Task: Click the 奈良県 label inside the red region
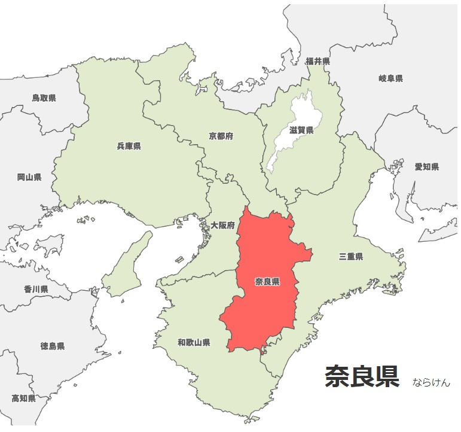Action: [x=267, y=282]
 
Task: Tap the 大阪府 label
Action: [x=222, y=225]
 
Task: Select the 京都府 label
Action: [x=221, y=136]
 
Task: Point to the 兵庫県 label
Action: [x=129, y=146]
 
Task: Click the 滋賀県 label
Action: [x=301, y=130]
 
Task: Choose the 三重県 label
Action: [x=351, y=257]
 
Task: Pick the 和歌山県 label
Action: [x=194, y=343]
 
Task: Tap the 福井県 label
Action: [x=317, y=62]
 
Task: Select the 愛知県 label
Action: [x=427, y=167]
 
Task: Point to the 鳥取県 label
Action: [x=44, y=98]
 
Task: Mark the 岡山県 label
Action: [x=29, y=177]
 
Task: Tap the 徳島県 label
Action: [x=53, y=346]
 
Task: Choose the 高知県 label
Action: [x=24, y=398]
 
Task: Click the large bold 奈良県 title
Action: [x=362, y=377]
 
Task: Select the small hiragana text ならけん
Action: [x=431, y=382]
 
